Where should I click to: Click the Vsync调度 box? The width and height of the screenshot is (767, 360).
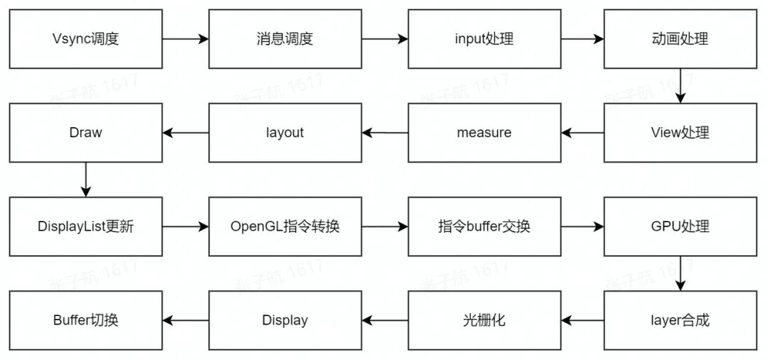click(85, 39)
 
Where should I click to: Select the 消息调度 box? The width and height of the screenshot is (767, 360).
click(284, 39)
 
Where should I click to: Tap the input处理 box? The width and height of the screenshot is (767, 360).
click(484, 39)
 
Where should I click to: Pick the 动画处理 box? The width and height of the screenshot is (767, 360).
click(680, 39)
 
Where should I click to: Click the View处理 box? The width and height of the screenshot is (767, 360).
click(680, 133)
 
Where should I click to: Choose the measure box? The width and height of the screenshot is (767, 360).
click(484, 133)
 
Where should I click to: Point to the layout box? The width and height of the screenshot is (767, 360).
click(284, 133)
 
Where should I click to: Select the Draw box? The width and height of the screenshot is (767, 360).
click(85, 133)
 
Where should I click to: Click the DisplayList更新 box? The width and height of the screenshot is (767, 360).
click(85, 227)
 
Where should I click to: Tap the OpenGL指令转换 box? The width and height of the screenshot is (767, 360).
click(284, 227)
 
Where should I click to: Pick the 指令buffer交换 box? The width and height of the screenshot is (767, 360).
click(484, 227)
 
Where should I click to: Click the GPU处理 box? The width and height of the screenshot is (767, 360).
click(680, 227)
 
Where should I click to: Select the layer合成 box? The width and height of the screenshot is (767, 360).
click(680, 320)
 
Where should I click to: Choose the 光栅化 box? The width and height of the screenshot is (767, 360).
click(484, 320)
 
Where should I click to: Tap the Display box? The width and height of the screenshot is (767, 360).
click(284, 320)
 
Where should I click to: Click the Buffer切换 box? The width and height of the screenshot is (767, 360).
click(85, 320)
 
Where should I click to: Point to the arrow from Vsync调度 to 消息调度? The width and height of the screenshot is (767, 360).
click(185, 39)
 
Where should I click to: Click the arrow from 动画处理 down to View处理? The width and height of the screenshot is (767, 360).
click(680, 86)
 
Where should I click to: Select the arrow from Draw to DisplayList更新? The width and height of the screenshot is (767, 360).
click(85, 180)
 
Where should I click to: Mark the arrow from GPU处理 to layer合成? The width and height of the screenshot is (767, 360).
click(680, 273)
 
